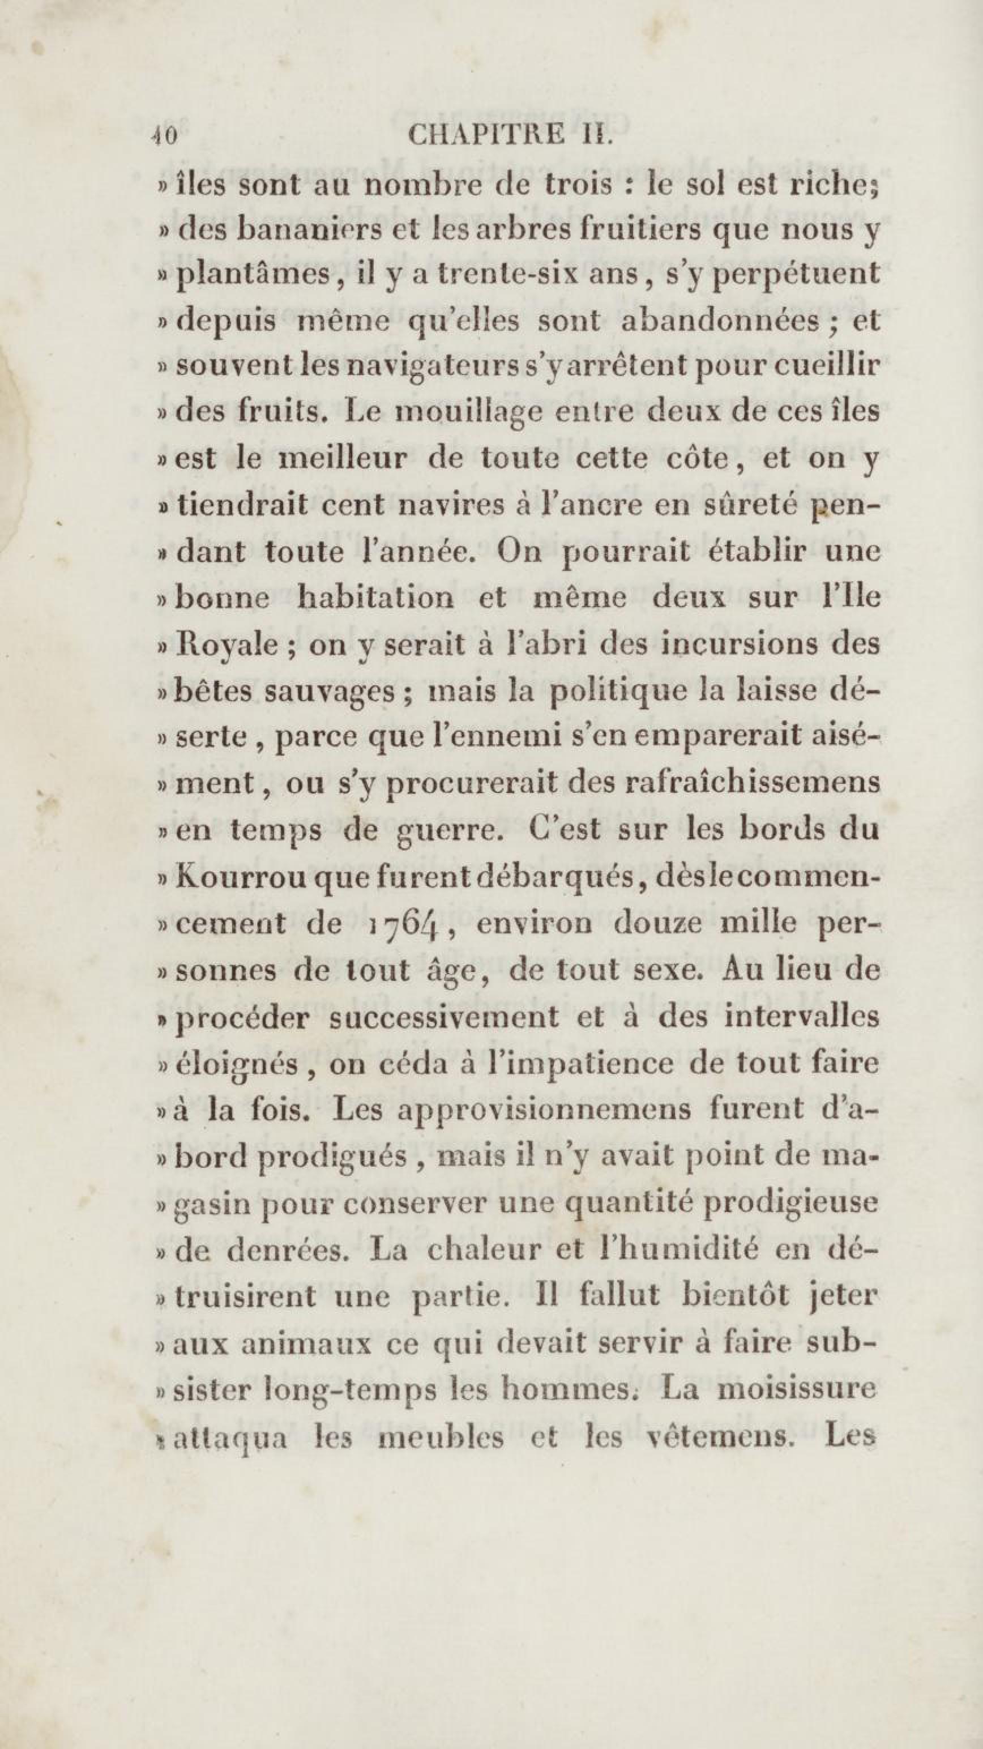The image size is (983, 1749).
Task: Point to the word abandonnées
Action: [720, 321]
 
